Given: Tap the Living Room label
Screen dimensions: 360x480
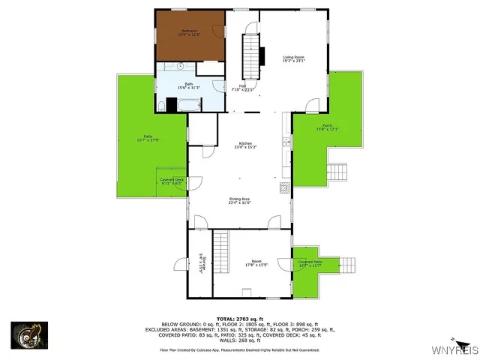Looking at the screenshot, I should tap(293, 58).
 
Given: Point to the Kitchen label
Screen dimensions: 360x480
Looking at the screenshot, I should tap(245, 143).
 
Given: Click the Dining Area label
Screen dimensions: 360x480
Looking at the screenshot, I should tap(240, 199).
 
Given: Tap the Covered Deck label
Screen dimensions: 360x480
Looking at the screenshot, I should tap(172, 179).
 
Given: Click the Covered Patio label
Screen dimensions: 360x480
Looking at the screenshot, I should tap(309, 262).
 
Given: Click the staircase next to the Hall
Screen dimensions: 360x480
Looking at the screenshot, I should tap(250, 57).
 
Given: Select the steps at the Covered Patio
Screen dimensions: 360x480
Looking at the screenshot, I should tap(349, 265).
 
